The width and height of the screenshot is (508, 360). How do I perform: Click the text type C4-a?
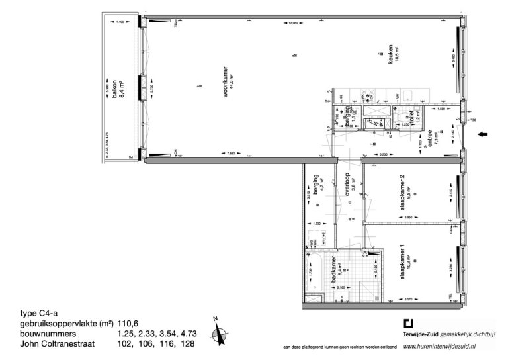[37, 313]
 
